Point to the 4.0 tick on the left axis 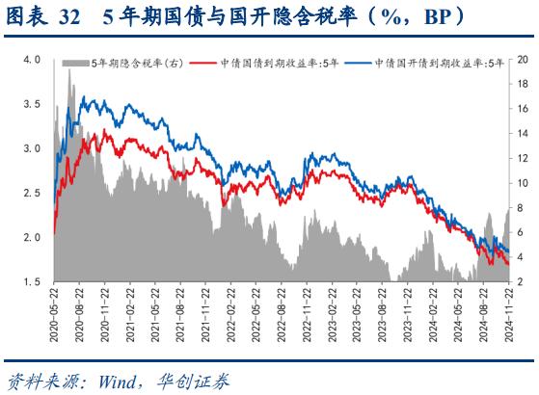click(x=31, y=60)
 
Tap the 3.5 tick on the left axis click(x=31, y=104)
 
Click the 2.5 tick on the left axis click(x=31, y=193)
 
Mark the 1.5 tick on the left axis click(x=31, y=281)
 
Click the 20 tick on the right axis click(x=523, y=60)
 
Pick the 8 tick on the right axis click(x=521, y=207)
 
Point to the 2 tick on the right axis click(x=521, y=281)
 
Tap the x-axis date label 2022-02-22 click(x=230, y=311)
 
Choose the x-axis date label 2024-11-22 click(x=510, y=311)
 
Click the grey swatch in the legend click(x=76, y=64)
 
